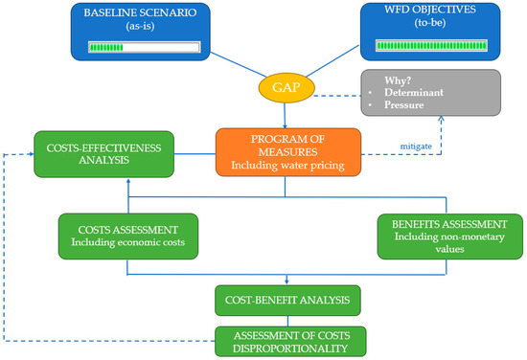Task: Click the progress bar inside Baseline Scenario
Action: [143, 45]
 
